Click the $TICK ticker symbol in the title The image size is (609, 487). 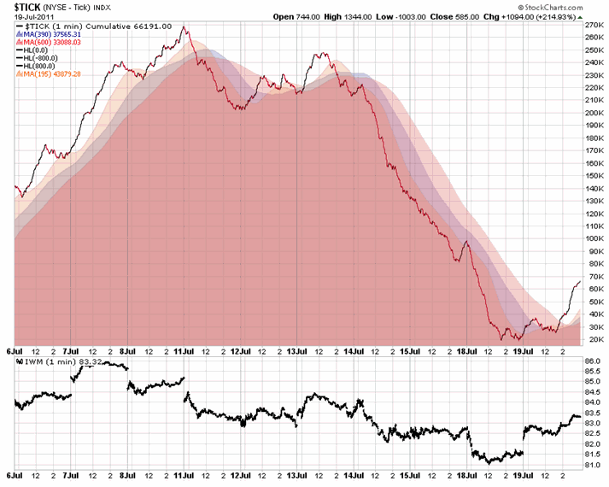tap(31, 7)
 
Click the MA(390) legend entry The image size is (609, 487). tap(53, 35)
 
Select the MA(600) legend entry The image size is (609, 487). tap(53, 43)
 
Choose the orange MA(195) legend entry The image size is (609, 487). tap(53, 73)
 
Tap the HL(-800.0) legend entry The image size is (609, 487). tap(45, 58)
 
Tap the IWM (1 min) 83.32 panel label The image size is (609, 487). tap(51, 361)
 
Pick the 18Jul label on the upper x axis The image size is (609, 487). tap(466, 350)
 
